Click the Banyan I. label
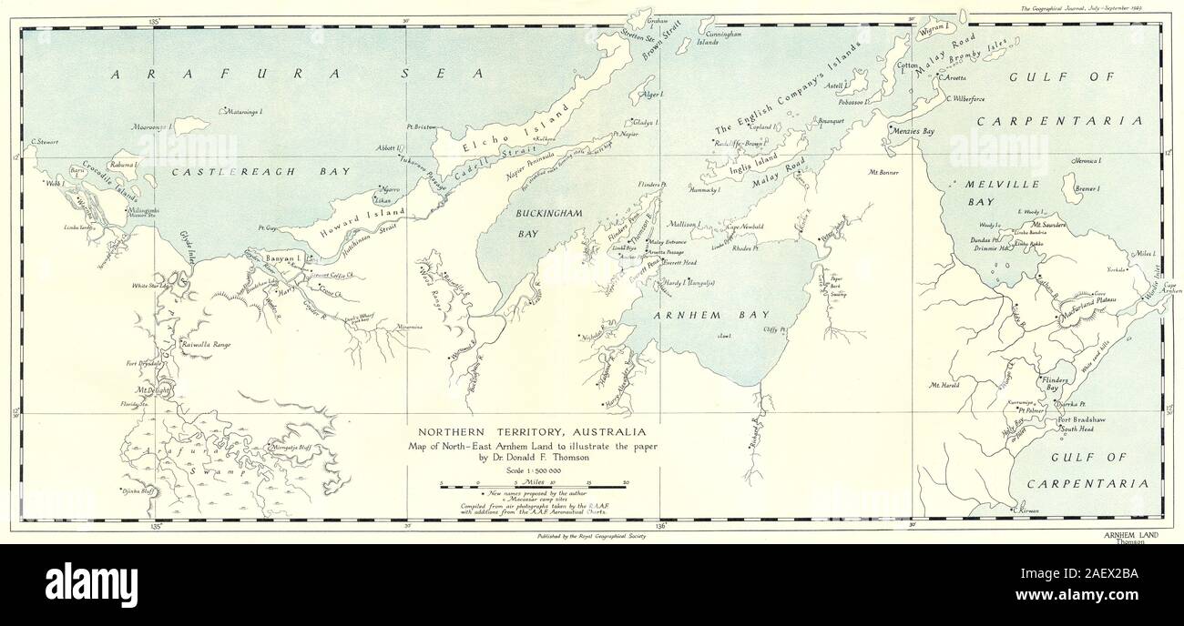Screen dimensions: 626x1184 (x=282, y=259)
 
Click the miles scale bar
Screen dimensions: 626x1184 (x=533, y=488)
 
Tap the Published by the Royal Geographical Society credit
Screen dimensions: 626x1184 (x=592, y=537)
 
